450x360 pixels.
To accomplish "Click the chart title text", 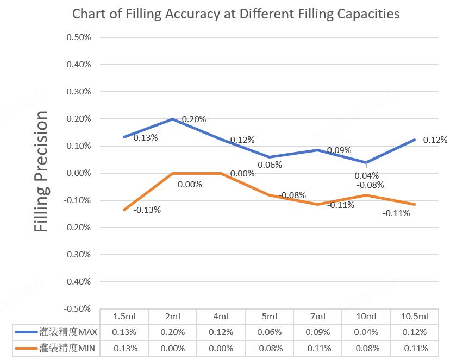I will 236,14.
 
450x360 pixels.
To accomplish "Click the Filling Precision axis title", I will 42,172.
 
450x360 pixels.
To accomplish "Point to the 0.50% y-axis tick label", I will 79,37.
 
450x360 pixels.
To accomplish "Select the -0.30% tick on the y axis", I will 77,254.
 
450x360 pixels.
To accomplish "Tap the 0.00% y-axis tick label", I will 79,173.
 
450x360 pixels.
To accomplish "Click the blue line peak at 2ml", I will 173,119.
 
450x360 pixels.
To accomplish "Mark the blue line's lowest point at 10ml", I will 366,162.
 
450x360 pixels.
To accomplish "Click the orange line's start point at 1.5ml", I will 124,210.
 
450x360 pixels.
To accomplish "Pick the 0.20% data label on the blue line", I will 194,119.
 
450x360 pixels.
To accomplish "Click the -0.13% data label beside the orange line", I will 147,210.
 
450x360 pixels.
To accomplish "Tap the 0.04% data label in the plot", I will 366,175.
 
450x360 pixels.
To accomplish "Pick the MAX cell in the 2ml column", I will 173,332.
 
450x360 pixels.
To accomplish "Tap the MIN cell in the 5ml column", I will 270,348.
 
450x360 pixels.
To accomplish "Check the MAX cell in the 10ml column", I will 366,332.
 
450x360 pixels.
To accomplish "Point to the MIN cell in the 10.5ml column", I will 415,348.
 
